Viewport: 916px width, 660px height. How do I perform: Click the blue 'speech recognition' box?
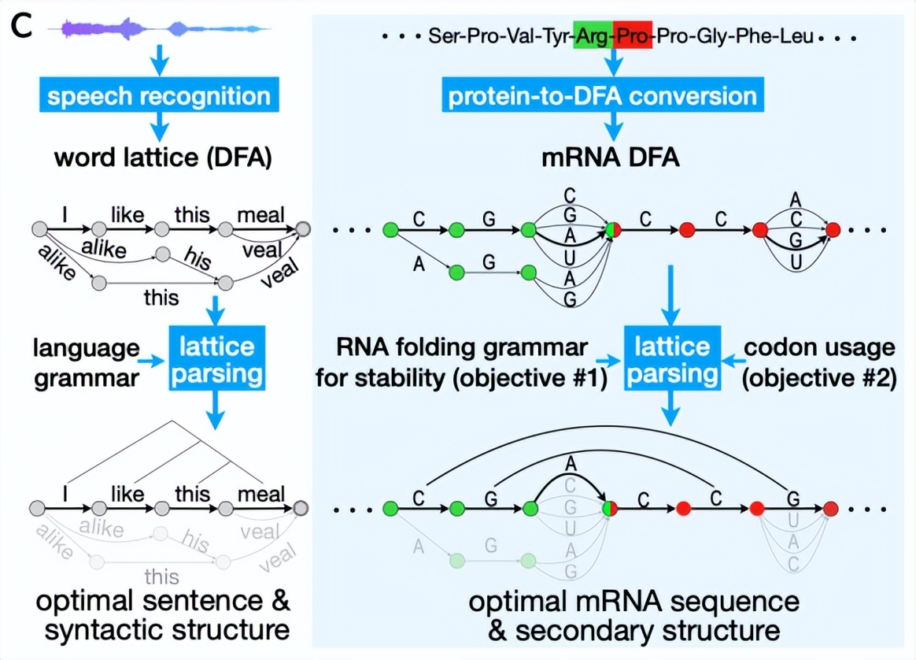(x=158, y=96)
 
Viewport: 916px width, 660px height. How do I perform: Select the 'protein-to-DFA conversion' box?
(x=603, y=96)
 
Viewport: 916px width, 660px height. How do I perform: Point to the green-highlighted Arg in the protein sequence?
(x=593, y=36)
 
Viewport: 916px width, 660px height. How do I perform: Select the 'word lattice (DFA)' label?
(x=163, y=158)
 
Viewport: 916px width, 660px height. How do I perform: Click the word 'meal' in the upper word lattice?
(x=261, y=214)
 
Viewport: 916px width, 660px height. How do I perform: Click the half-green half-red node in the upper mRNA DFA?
(x=612, y=230)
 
